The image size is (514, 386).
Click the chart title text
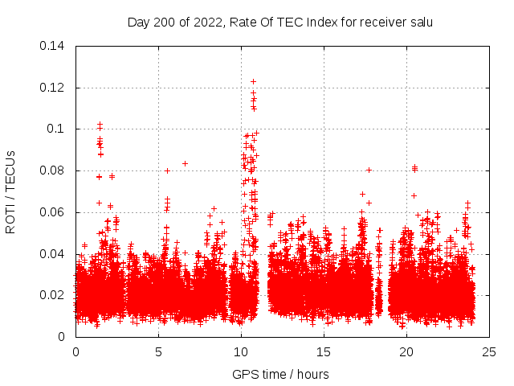point(280,23)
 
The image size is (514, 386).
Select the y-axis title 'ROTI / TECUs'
point(11,191)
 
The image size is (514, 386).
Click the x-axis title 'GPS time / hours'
point(280,374)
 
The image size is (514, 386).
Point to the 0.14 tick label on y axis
point(54,46)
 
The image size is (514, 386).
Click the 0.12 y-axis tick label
point(54,88)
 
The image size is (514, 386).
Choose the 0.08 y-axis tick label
point(54,170)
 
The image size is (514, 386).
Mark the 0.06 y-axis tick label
point(54,212)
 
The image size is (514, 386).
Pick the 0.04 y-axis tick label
point(54,254)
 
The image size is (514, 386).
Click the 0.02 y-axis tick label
point(54,295)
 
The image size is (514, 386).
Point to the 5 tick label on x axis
point(158,352)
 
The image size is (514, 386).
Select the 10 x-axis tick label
point(241,352)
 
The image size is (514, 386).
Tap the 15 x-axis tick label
point(324,352)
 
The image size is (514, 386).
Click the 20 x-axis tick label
point(406,352)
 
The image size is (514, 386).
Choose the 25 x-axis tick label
point(489,352)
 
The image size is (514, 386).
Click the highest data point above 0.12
point(253,81)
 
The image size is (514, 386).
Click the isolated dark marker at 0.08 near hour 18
point(369,170)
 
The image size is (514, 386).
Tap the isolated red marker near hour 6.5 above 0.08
point(185,163)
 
